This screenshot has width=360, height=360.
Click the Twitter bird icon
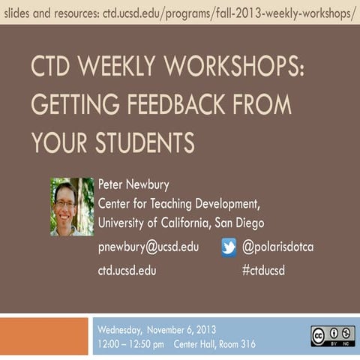click(229, 247)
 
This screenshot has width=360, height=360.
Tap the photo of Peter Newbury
click(72, 205)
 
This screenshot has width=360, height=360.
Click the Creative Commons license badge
click(332, 334)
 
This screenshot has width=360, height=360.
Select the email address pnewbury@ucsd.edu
click(148, 247)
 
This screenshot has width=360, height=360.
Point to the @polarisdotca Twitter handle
click(278, 247)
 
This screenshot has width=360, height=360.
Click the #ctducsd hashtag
click(263, 270)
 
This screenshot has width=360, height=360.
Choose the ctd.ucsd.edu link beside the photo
click(127, 270)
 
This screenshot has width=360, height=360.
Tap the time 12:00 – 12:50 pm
click(130, 344)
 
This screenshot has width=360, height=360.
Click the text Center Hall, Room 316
click(214, 344)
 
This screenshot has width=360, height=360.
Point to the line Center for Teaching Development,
click(179, 203)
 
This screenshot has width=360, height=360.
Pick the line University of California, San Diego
click(181, 223)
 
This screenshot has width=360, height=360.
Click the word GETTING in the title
click(76, 103)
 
